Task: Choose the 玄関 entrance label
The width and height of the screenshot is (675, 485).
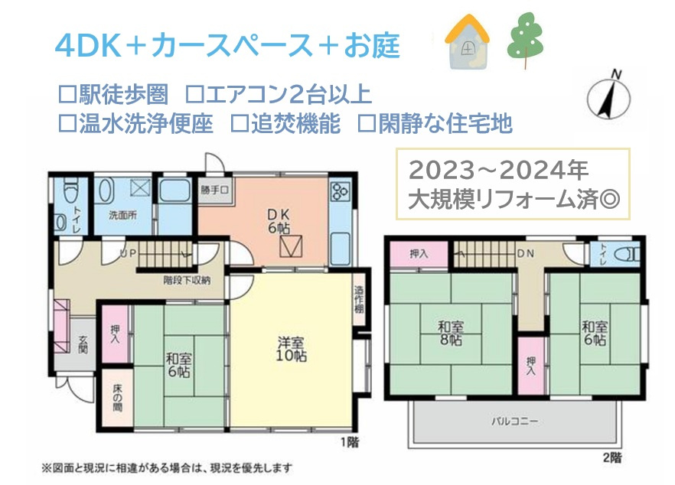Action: (82, 347)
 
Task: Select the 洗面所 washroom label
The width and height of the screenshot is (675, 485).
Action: (122, 215)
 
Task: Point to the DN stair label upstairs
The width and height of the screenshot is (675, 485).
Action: (525, 252)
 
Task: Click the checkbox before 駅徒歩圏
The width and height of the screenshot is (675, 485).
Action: (66, 95)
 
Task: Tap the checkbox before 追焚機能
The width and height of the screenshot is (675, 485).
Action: (238, 124)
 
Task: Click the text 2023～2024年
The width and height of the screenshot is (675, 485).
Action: (497, 168)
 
